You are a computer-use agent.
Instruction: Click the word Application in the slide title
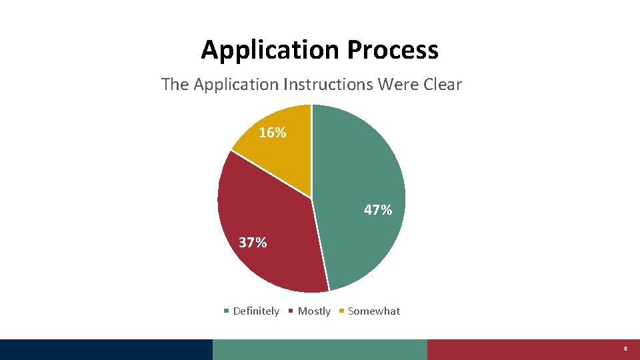coord(270,50)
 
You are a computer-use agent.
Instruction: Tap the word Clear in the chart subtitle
coord(440,85)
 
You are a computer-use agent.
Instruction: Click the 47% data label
coord(378,210)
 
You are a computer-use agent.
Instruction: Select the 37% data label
coord(253,243)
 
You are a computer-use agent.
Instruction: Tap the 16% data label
coord(273,133)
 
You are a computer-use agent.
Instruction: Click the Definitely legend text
coord(256,311)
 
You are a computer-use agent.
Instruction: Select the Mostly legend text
coord(314,311)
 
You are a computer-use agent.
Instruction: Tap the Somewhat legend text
coord(374,311)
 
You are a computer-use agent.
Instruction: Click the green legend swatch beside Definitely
coord(227,311)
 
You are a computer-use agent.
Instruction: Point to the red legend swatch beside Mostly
coord(291,311)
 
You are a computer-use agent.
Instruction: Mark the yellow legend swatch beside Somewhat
coord(342,311)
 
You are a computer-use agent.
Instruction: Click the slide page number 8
coord(625,349)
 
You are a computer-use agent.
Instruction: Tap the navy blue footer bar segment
coord(106,349)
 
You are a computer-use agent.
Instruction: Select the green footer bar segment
coord(320,349)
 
